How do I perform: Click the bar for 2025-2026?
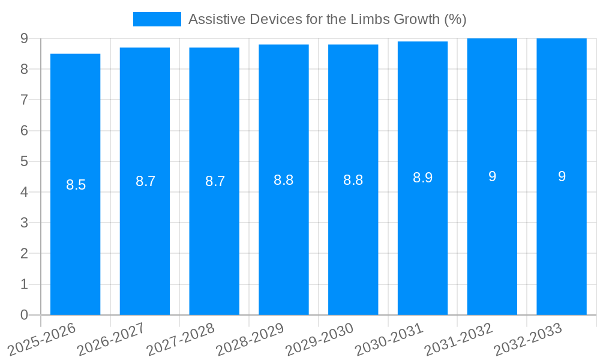(x=75, y=240)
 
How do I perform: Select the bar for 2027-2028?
(x=214, y=240)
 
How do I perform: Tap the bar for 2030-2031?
(x=422, y=240)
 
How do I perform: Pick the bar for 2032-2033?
(x=562, y=240)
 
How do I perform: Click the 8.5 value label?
(x=76, y=185)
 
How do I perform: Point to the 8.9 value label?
(x=422, y=178)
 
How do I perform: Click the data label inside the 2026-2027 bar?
(x=145, y=181)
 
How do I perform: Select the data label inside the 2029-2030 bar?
(x=353, y=180)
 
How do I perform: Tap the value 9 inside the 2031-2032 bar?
(x=492, y=176)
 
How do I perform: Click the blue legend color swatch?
(x=157, y=19)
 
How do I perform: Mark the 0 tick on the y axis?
(x=24, y=315)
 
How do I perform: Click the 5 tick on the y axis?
(x=24, y=161)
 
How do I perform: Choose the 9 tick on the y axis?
(x=24, y=38)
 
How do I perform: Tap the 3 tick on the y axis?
(x=24, y=223)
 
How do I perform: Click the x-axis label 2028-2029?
(x=250, y=339)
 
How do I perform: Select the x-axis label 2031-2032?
(x=459, y=339)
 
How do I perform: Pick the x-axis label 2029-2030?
(x=320, y=339)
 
